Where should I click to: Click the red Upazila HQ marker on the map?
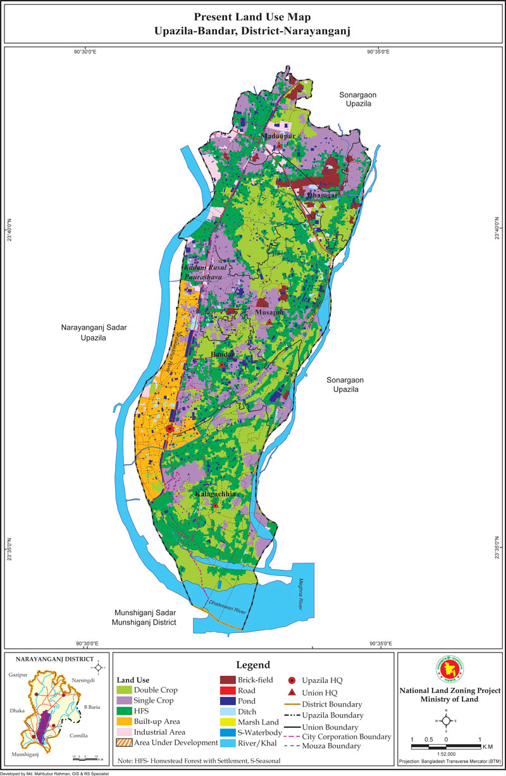170,429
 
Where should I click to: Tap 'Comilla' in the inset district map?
79,735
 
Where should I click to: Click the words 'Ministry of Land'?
448,699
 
